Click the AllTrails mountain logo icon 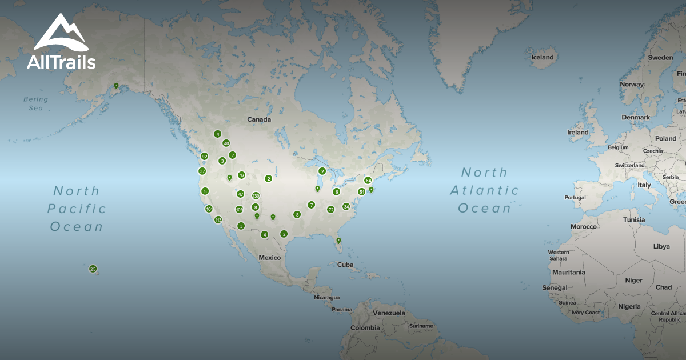coord(60,33)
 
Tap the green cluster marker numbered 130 coord(256,195)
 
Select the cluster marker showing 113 coord(218,220)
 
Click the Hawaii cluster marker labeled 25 coord(93,269)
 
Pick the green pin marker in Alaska coord(116,86)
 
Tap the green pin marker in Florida coord(338,241)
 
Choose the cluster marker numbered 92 coord(204,156)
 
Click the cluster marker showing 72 coord(330,209)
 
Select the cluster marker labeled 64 coord(368,181)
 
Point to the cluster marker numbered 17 coord(242,175)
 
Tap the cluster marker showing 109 coord(239,209)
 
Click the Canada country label coord(259,119)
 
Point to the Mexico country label coord(270,257)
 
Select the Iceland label coord(543,57)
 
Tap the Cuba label coord(345,265)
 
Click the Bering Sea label coord(36,103)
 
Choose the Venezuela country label coord(389,313)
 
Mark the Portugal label coord(575,198)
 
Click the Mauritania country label coord(569,272)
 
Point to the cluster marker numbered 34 coord(346,206)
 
